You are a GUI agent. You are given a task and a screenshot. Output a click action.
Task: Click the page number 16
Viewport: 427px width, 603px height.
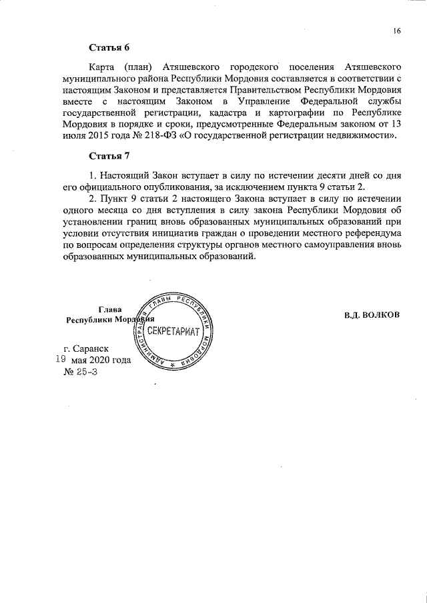[x=397, y=31]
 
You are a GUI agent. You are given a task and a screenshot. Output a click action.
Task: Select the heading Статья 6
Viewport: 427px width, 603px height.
[x=109, y=47]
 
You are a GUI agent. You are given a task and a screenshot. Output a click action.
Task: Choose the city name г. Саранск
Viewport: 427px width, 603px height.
[x=87, y=348]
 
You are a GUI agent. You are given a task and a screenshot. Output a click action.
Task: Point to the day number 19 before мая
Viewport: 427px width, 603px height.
[x=59, y=359]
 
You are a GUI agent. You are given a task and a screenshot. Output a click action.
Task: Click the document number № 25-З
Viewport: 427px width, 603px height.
[x=80, y=372]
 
